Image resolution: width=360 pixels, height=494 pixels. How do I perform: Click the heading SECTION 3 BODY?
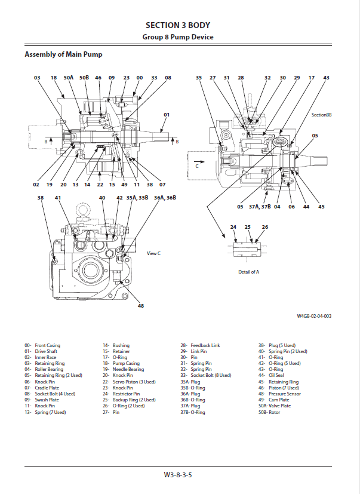pos(177,25)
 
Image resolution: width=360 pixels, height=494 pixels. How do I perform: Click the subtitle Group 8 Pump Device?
pos(177,37)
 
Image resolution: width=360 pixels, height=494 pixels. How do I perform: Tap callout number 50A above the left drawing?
pos(69,78)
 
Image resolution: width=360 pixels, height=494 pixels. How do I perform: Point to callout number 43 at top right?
pos(326,78)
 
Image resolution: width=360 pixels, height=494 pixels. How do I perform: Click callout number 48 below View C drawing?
pos(141,306)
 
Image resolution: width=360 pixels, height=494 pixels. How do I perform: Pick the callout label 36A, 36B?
pos(165,197)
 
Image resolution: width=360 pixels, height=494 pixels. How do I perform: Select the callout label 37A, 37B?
pos(260,207)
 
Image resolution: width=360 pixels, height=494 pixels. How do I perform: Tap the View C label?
pos(153,253)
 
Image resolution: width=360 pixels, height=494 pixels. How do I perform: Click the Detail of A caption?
pos(248,272)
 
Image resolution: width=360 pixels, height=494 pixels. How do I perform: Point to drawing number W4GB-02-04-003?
pos(314,317)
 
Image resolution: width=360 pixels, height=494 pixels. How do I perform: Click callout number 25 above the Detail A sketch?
pos(248,227)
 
